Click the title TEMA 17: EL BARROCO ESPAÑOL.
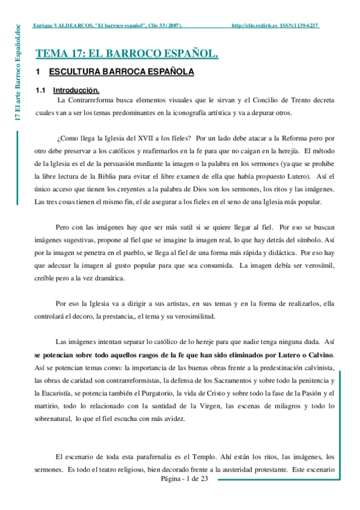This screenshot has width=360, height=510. (x=127, y=54)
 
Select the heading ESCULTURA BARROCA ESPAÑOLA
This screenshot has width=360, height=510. (x=121, y=72)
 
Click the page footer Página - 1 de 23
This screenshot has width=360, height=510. (x=184, y=479)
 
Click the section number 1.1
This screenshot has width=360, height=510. (x=41, y=90)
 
